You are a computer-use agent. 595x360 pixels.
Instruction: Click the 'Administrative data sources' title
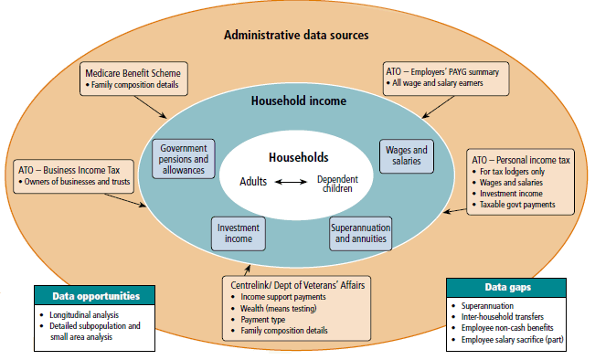pyautogui.click(x=296, y=36)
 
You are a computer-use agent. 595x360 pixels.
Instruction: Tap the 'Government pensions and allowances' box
pyautogui.click(x=183, y=159)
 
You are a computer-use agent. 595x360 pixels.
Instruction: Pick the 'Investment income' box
pyautogui.click(x=239, y=233)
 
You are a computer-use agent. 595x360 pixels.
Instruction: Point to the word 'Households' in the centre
pyautogui.click(x=298, y=157)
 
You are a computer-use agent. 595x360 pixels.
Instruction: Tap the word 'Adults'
pyautogui.click(x=252, y=182)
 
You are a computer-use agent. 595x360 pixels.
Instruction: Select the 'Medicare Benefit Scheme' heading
pyautogui.click(x=133, y=72)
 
